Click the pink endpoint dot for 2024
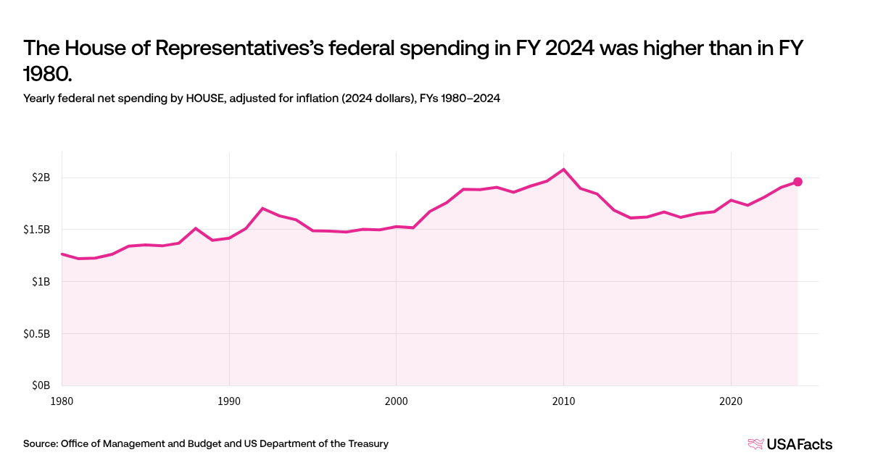coord(797,182)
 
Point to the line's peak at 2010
coord(563,170)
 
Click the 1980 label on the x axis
coord(62,400)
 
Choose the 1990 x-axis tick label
coord(229,400)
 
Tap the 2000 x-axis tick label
coord(396,400)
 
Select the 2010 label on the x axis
coord(563,400)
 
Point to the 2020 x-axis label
coord(731,400)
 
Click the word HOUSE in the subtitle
coord(205,98)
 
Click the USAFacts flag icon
coord(756,443)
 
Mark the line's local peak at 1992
coord(262,208)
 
